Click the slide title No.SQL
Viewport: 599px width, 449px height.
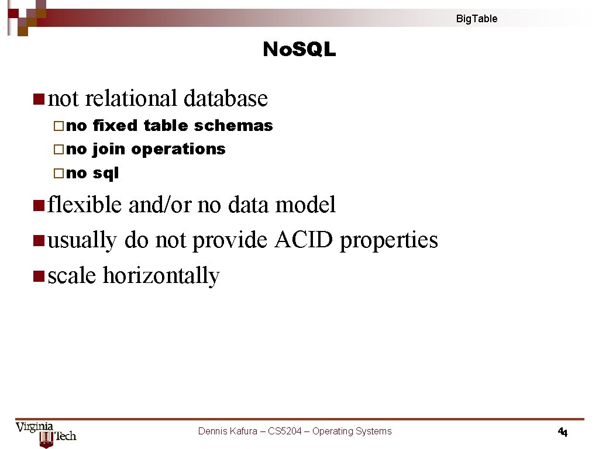tap(299, 50)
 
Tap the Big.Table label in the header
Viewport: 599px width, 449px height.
tap(477, 19)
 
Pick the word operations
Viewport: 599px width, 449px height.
tap(178, 150)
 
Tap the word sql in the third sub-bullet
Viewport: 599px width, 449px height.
tap(106, 173)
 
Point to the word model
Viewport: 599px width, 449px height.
tap(307, 205)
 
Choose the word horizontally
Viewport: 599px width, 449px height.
tap(161, 276)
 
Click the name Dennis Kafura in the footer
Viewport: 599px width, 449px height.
tap(228, 431)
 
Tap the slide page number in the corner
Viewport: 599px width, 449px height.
tap(563, 433)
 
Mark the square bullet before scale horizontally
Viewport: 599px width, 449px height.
tap(39, 275)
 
